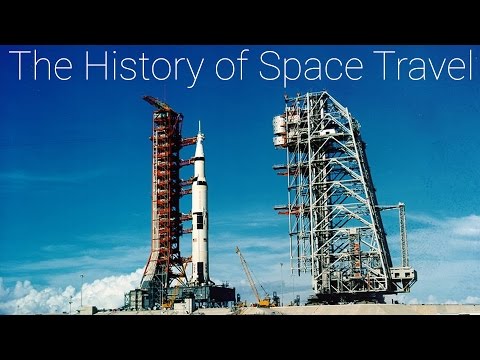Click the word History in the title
click(x=141, y=67)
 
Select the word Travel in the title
click(x=420, y=67)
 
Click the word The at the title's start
click(x=38, y=67)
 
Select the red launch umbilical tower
click(x=165, y=200)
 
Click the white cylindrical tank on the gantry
click(x=280, y=130)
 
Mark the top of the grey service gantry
click(x=320, y=96)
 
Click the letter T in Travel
click(x=382, y=67)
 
